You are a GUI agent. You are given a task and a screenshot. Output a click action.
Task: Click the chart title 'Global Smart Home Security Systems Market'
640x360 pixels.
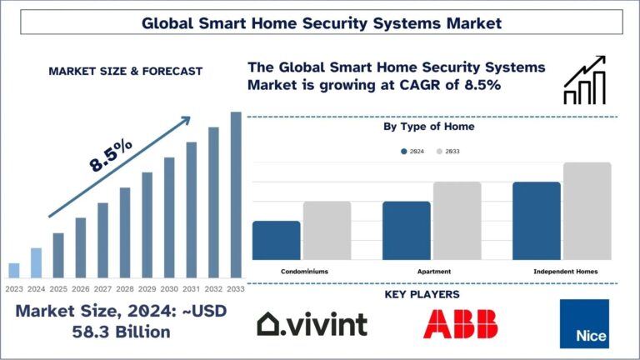coord(321,22)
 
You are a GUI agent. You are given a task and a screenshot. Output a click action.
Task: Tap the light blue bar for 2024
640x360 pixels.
coord(36,262)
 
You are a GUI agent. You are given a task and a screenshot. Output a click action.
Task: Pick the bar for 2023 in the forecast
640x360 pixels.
coord(14,269)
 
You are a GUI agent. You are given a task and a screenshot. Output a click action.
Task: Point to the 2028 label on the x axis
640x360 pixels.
coord(125,288)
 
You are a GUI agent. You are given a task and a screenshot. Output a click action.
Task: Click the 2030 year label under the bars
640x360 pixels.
coord(169,288)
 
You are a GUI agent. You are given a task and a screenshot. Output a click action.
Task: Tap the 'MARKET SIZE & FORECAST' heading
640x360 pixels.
coord(125,72)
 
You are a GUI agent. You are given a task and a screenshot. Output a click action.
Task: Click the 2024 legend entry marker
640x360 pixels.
coord(403,151)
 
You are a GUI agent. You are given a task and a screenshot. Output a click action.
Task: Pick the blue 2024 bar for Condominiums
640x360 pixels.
coord(276,240)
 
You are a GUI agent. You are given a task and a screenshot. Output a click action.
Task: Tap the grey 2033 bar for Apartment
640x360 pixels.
coord(457,221)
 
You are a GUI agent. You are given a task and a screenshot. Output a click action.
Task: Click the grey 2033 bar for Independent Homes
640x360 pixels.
coord(587,211)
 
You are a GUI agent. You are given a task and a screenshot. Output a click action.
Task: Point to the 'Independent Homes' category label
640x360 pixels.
coord(565,272)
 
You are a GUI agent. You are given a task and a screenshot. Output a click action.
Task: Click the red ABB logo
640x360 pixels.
coord(460,323)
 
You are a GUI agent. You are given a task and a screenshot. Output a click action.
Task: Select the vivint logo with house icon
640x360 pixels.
coord(312,323)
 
